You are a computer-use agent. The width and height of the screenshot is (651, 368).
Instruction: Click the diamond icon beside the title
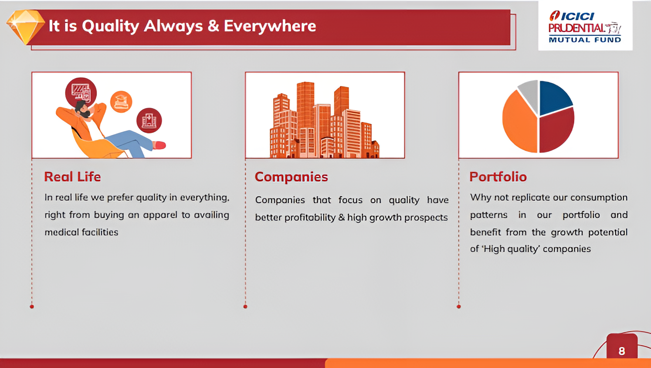(26, 27)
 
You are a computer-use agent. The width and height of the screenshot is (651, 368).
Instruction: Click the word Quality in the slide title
(110, 27)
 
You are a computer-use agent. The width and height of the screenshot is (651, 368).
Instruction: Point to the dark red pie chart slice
(556, 130)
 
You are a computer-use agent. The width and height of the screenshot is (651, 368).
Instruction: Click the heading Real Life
(72, 177)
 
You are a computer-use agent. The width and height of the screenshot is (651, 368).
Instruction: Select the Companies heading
(291, 177)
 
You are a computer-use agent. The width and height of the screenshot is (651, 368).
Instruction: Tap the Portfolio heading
(498, 177)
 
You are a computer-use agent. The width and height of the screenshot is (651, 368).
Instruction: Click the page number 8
(622, 351)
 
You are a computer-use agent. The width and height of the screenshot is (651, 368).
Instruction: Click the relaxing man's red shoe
(159, 145)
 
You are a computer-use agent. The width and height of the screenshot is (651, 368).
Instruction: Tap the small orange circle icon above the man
(121, 102)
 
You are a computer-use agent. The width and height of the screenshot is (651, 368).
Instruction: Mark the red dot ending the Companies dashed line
(245, 307)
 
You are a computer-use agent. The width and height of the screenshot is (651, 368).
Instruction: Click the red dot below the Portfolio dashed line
(458, 307)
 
